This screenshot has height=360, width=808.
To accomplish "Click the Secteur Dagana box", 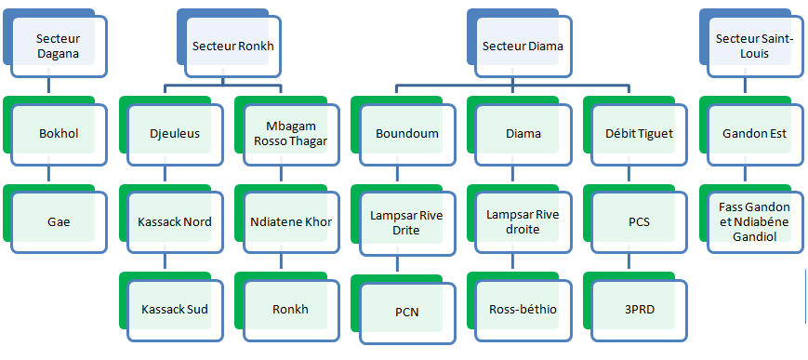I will [x=59, y=46].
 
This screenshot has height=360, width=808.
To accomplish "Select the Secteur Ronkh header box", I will [x=232, y=46].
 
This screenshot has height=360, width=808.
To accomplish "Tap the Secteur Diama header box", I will [x=523, y=46].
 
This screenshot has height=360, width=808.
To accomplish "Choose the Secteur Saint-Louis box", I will [x=755, y=46].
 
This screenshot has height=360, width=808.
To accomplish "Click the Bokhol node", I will [x=59, y=134].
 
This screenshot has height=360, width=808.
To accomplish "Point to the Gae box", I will [x=59, y=222].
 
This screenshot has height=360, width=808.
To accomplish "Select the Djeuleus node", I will [x=175, y=134].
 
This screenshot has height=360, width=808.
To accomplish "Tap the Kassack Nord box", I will [x=175, y=222].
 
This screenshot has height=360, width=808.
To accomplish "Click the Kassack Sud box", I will [x=175, y=310].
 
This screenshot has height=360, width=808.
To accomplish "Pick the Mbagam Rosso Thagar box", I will [x=291, y=134].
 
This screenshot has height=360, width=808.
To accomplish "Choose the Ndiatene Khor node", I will [x=291, y=222].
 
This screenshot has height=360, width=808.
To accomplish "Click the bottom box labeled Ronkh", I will [x=291, y=310].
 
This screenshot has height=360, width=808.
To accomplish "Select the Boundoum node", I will [x=407, y=134].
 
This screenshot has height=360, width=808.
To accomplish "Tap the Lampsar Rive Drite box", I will [x=407, y=222].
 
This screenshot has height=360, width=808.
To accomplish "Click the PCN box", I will [x=407, y=312].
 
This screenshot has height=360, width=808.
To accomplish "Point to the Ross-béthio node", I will [x=523, y=310].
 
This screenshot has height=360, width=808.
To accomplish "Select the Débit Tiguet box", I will [x=639, y=134].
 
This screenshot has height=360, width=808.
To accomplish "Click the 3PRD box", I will [x=639, y=310].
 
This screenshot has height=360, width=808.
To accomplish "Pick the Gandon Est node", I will [x=755, y=134].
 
